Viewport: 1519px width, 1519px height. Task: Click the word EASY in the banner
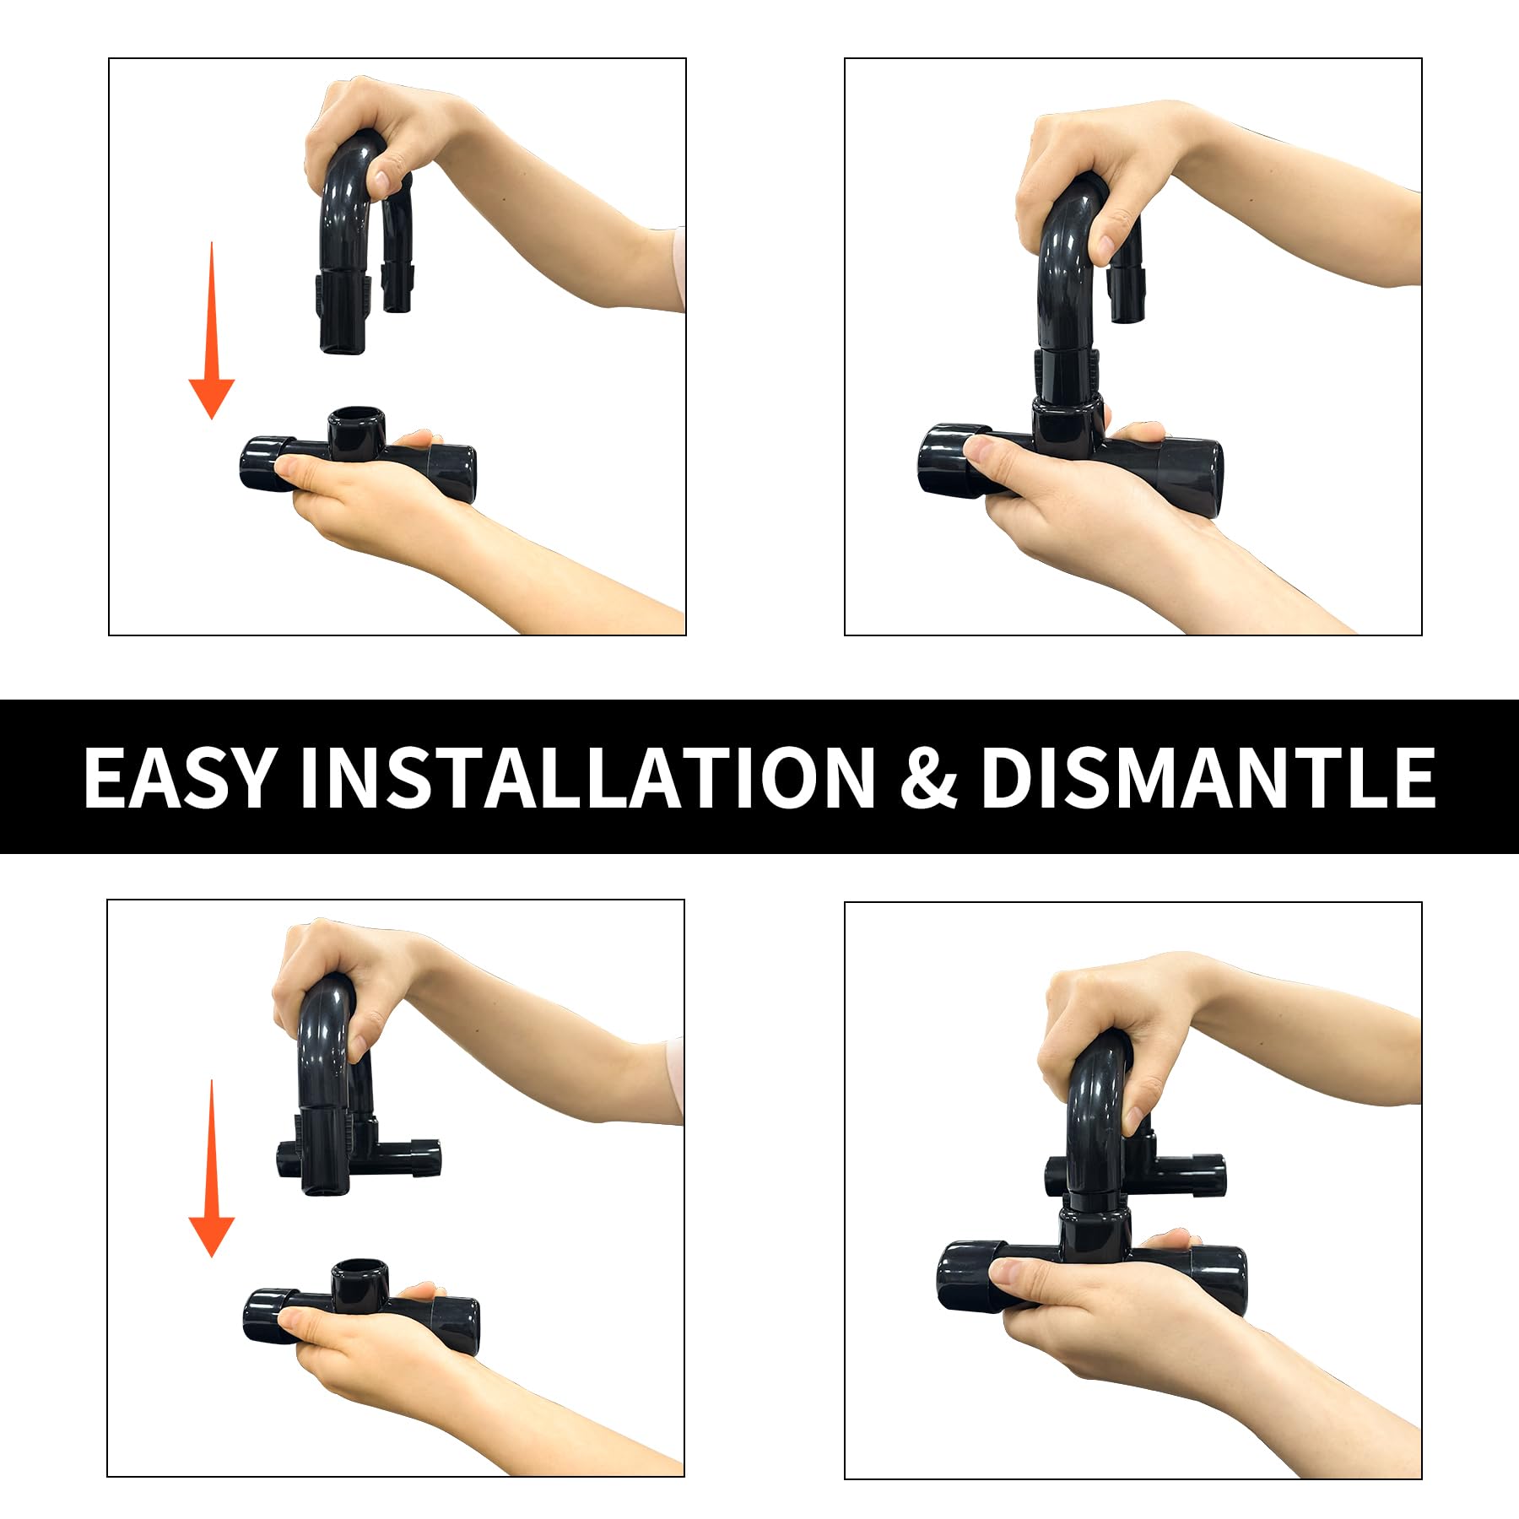click(x=181, y=777)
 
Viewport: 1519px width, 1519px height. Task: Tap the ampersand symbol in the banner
click(x=928, y=777)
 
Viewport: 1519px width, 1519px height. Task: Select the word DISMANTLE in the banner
click(x=1208, y=777)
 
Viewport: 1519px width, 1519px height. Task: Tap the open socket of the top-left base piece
click(x=356, y=418)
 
